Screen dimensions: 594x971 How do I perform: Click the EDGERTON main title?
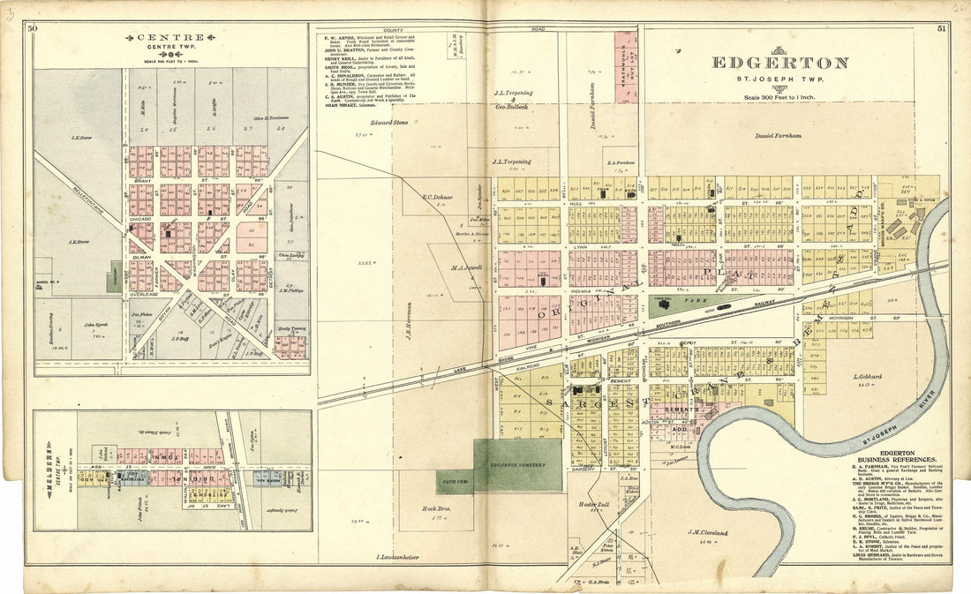pyautogui.click(x=779, y=63)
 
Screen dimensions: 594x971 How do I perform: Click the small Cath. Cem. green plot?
pyautogui.click(x=454, y=482)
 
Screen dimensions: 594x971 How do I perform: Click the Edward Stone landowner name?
pyautogui.click(x=389, y=122)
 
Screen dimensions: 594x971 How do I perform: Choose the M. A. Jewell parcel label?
pyautogui.click(x=464, y=267)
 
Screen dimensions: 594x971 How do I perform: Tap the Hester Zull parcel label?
pyautogui.click(x=589, y=504)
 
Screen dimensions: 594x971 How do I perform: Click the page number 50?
pyautogui.click(x=33, y=29)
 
